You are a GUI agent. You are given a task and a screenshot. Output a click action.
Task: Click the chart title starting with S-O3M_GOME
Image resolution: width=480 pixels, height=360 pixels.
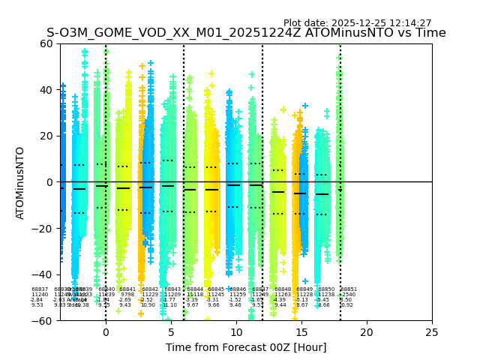246,33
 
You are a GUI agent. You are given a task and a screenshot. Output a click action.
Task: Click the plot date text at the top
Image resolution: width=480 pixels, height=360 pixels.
357,23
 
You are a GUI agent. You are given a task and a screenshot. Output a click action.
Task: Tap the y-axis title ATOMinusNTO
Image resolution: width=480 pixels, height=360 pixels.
20,182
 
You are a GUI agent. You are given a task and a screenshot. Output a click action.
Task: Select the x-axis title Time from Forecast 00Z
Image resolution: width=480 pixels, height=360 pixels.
246,347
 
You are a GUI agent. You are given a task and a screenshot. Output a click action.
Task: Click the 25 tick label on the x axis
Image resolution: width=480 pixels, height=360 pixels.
432,332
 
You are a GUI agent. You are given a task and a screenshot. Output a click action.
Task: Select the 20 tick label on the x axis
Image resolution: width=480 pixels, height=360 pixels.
367,332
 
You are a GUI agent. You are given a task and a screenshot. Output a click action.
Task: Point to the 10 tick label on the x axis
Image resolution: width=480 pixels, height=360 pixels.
236,332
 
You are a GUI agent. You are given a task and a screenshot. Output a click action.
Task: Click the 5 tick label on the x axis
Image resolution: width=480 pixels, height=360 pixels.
171,332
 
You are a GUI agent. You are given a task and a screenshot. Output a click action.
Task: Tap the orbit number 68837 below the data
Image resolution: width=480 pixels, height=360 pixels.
40,289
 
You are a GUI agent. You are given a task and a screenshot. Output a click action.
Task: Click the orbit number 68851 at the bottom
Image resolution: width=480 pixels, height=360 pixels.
349,289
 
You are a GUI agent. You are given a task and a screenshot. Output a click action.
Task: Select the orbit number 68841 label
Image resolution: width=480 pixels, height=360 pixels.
127,289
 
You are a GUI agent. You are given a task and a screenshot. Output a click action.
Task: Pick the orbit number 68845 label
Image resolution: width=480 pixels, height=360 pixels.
215,289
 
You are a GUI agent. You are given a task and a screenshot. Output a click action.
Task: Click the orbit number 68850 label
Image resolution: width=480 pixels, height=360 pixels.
326,289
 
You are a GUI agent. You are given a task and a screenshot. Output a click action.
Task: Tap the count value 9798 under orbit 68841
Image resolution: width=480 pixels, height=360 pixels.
127,295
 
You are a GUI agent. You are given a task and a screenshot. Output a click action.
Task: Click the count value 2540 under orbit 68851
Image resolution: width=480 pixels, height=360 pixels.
349,295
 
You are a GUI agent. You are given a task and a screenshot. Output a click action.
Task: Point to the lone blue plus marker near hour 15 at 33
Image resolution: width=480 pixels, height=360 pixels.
305,106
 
